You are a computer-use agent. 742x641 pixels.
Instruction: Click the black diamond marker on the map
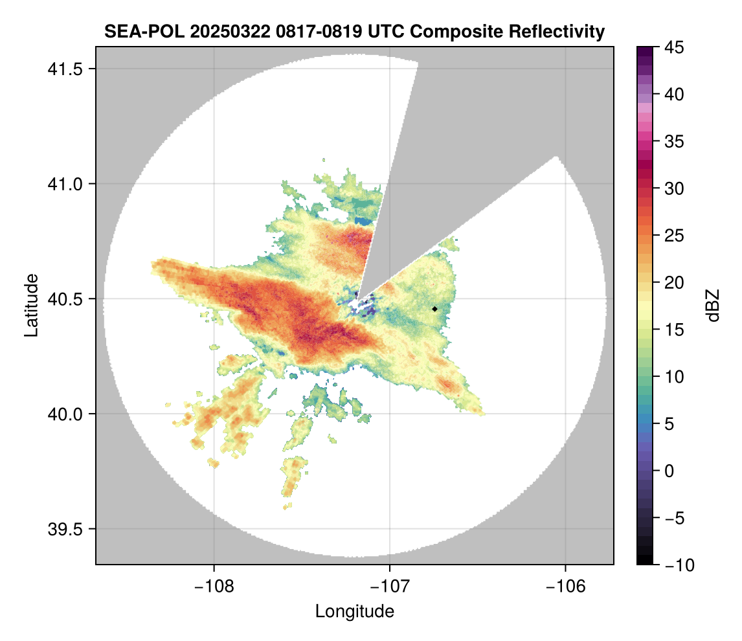[x=435, y=309]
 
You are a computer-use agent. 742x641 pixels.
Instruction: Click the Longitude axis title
[x=355, y=611]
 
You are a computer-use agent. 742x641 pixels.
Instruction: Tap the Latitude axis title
[x=30, y=304]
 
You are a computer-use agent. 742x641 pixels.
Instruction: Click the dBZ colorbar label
[x=713, y=306]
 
